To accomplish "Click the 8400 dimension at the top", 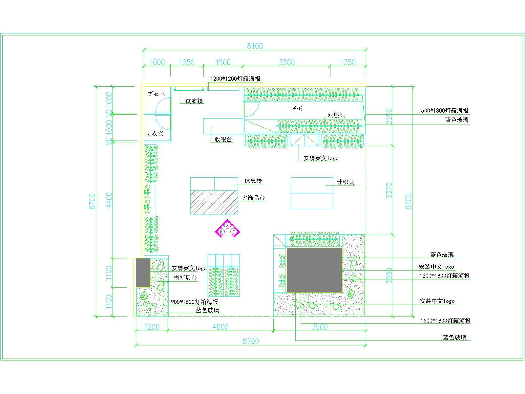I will pyautogui.click(x=255, y=46).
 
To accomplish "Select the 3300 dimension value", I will pyautogui.click(x=286, y=62).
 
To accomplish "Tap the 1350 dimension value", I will pyautogui.click(x=348, y=62).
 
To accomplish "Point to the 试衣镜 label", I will pyautogui.click(x=195, y=101).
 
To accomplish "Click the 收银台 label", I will pyautogui.click(x=223, y=140).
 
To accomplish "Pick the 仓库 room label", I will pyautogui.click(x=298, y=109).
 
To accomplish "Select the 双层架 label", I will pyautogui.click(x=336, y=115).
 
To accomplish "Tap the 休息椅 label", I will pyautogui.click(x=253, y=181).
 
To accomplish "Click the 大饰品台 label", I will pyautogui.click(x=253, y=198).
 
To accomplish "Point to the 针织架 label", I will pyautogui.click(x=346, y=182).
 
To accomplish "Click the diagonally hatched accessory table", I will pyautogui.click(x=214, y=202).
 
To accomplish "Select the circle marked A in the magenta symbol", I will pyautogui.click(x=227, y=225).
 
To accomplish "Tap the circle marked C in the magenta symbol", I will pyautogui.click(x=234, y=232).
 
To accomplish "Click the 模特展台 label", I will pyautogui.click(x=185, y=278).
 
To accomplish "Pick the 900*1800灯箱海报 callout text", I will pyautogui.click(x=194, y=302).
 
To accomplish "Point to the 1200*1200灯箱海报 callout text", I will pyautogui.click(x=235, y=79).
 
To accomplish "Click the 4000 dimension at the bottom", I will pyautogui.click(x=220, y=327).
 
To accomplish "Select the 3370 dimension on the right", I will pyautogui.click(x=389, y=190).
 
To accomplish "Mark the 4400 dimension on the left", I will pyautogui.click(x=109, y=199).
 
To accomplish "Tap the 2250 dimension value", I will pyautogui.click(x=389, y=116).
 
